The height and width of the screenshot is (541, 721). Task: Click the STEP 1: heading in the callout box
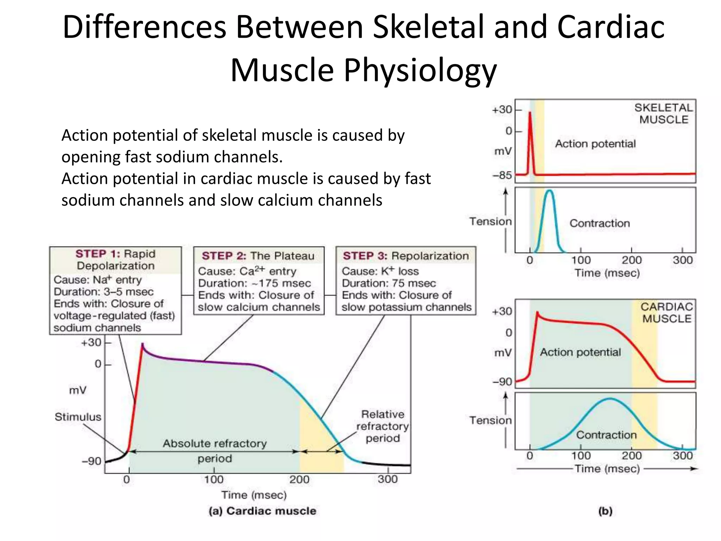coord(98,254)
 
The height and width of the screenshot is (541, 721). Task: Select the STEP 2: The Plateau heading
coord(258,256)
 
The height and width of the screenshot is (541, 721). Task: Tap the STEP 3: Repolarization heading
coord(406,256)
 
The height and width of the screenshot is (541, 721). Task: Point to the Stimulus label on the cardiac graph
coord(78,417)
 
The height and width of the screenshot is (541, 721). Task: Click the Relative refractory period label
coord(383,426)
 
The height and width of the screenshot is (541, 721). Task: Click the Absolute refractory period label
coord(214,451)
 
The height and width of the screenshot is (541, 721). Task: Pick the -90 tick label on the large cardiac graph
coord(92,461)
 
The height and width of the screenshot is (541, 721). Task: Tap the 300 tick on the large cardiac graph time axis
coord(388,479)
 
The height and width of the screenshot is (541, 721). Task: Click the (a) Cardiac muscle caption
coord(262,511)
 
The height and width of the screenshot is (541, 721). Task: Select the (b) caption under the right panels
coord(605,511)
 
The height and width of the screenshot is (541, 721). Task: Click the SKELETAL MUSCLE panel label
coord(663,113)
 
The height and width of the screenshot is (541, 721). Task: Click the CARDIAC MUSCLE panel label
coord(666,313)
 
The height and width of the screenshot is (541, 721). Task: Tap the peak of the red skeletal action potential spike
coord(530,113)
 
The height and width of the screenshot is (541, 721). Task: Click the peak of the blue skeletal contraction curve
coord(550,191)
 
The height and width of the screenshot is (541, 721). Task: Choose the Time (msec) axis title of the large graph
coord(254,495)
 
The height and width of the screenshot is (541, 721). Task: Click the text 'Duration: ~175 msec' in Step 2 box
coord(254,283)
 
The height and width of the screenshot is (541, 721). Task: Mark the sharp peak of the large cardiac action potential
coord(142,344)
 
